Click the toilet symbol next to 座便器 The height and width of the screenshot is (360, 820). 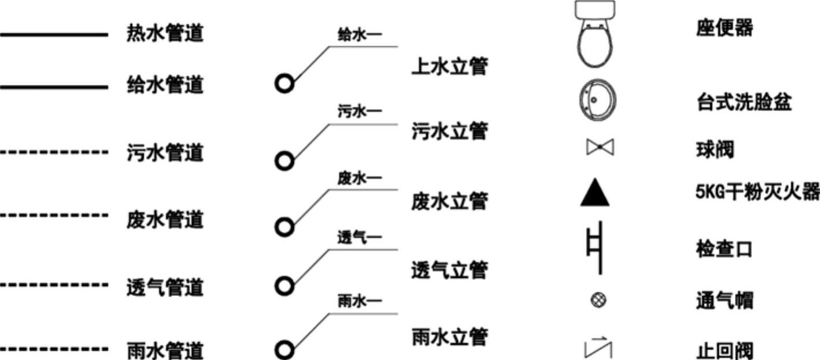tap(595, 35)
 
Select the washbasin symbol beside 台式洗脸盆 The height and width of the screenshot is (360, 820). tap(597, 100)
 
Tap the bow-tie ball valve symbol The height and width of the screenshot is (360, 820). tap(600, 148)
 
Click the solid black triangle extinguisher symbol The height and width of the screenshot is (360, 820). tap(595, 194)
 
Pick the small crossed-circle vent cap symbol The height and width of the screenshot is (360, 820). tap(599, 300)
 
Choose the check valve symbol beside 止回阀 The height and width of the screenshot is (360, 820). tap(598, 347)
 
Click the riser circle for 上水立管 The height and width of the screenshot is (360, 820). tap(284, 84)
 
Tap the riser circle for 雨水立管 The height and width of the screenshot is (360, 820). tap(284, 350)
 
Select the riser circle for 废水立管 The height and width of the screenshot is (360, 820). tap(284, 228)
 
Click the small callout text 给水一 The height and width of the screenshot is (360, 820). tap(360, 35)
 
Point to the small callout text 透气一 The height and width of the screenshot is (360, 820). tap(360, 237)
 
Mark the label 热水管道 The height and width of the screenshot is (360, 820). tap(165, 33)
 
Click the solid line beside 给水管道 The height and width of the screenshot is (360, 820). tap(54, 87)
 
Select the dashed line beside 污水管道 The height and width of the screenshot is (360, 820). tap(54, 153)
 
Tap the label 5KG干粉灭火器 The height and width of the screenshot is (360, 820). tap(757, 192)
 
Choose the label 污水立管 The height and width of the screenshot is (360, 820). tap(450, 132)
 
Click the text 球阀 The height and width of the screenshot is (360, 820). tap(715, 151)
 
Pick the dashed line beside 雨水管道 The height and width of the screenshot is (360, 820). tap(54, 349)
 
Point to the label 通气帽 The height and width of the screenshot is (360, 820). tap(724, 301)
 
